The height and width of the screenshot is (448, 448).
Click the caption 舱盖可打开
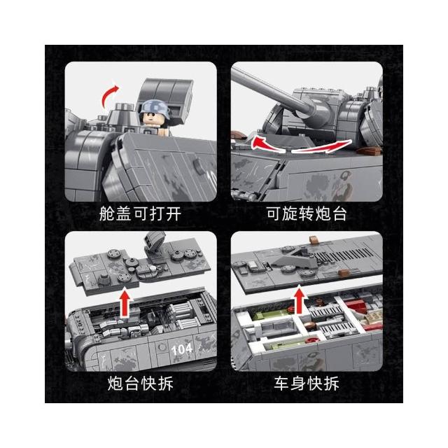140,213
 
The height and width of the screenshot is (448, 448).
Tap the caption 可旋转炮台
307,213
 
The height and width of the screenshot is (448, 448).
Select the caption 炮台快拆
140,384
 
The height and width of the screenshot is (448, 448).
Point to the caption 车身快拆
307,384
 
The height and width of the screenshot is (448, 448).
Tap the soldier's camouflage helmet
154,107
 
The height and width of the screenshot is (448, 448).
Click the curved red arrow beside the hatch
108,96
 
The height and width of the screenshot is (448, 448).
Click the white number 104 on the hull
182,349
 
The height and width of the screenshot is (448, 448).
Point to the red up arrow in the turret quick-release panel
125,303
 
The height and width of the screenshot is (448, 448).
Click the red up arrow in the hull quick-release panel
299,300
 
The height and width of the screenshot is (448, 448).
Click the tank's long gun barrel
272,92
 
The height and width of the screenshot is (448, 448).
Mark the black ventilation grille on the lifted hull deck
343,254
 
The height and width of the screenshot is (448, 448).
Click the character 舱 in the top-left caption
106,213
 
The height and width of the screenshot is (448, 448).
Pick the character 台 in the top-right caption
339,213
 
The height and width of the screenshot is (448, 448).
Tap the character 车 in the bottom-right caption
281,384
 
